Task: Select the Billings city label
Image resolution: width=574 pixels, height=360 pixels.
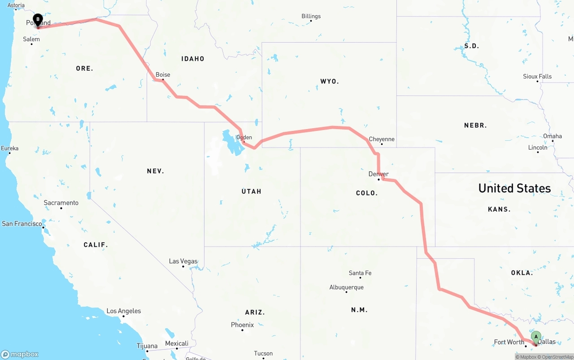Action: tap(311, 16)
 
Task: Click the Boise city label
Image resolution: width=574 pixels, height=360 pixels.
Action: tap(163, 75)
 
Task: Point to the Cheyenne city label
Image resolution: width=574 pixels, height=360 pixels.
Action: tap(382, 139)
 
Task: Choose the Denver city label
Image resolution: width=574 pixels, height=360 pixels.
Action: tap(378, 174)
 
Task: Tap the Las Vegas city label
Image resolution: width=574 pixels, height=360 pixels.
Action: tap(183, 261)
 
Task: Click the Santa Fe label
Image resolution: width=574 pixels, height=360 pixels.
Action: tap(360, 273)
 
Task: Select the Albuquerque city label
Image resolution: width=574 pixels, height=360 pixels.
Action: tap(346, 287)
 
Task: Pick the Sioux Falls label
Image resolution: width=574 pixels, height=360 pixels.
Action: tap(537, 76)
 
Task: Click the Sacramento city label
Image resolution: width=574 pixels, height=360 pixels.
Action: tap(61, 203)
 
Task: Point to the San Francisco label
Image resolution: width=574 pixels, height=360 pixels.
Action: tap(22, 223)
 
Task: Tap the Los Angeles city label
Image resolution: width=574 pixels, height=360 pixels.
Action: tap(123, 311)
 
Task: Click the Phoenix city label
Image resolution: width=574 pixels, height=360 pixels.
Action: tap(242, 325)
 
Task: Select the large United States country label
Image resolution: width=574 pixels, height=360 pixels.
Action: tap(514, 188)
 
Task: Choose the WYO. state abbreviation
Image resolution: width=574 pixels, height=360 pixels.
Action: tap(330, 81)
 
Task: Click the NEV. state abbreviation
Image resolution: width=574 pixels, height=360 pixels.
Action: tap(155, 171)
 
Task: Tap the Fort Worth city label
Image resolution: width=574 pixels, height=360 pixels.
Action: tap(509, 342)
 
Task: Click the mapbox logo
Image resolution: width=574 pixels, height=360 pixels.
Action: tap(20, 354)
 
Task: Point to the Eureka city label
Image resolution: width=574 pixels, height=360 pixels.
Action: tap(10, 148)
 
